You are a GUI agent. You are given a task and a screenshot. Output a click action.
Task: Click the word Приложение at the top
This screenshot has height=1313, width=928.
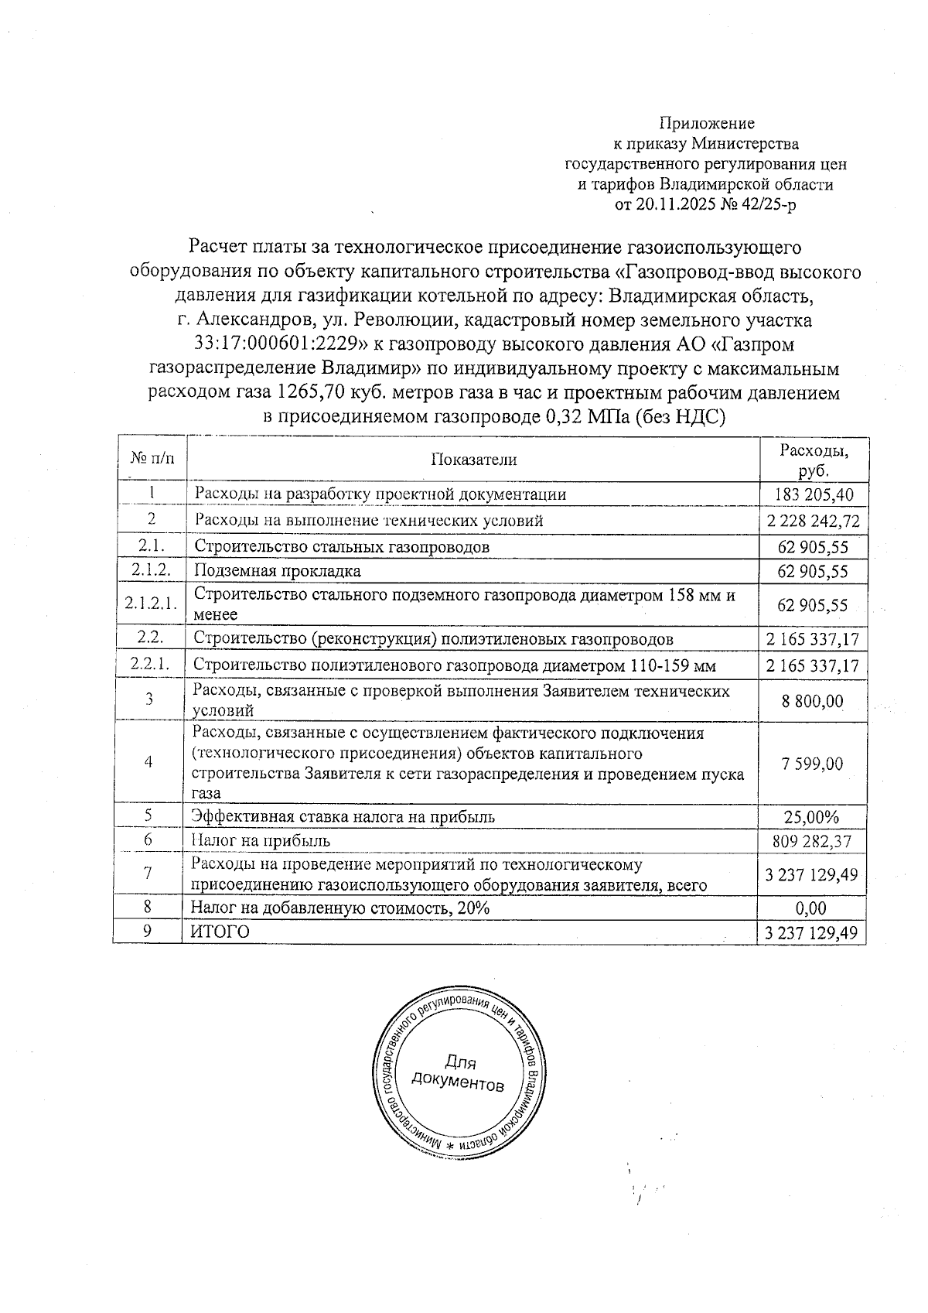click(x=706, y=123)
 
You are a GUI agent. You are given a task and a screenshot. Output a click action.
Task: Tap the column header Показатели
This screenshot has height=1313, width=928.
click(x=473, y=460)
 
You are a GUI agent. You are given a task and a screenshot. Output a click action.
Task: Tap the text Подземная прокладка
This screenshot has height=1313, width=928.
click(x=278, y=572)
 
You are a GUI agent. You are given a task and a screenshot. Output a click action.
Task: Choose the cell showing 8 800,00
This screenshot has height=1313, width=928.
click(x=812, y=702)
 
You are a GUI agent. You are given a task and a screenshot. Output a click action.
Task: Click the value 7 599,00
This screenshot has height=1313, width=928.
click(x=812, y=764)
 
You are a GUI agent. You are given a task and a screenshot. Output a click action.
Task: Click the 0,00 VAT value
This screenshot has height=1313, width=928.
click(x=812, y=908)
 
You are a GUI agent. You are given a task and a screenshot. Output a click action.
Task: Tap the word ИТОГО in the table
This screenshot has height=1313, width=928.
click(x=220, y=932)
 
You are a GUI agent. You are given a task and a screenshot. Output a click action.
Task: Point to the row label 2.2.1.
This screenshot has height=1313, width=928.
click(x=152, y=665)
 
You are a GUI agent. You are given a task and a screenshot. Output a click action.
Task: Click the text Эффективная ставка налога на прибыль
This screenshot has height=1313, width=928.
click(x=343, y=816)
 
